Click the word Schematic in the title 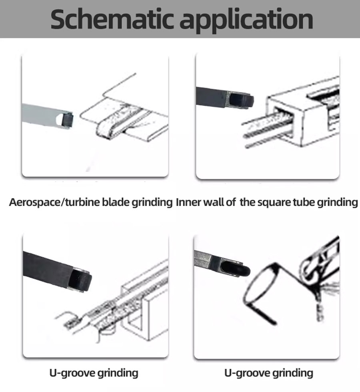(112, 19)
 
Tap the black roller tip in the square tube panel (242, 100)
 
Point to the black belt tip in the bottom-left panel (80, 280)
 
